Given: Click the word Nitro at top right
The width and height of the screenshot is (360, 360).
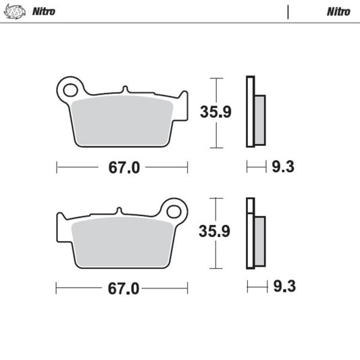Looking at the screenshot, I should [x=338, y=11].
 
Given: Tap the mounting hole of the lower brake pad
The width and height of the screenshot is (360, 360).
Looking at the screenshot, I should [x=176, y=209].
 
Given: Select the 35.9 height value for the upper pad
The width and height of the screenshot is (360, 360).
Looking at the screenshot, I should [x=215, y=112].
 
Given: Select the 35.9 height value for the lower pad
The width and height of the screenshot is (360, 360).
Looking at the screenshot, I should [x=215, y=232].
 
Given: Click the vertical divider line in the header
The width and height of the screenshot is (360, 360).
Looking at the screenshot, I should [x=288, y=11].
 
